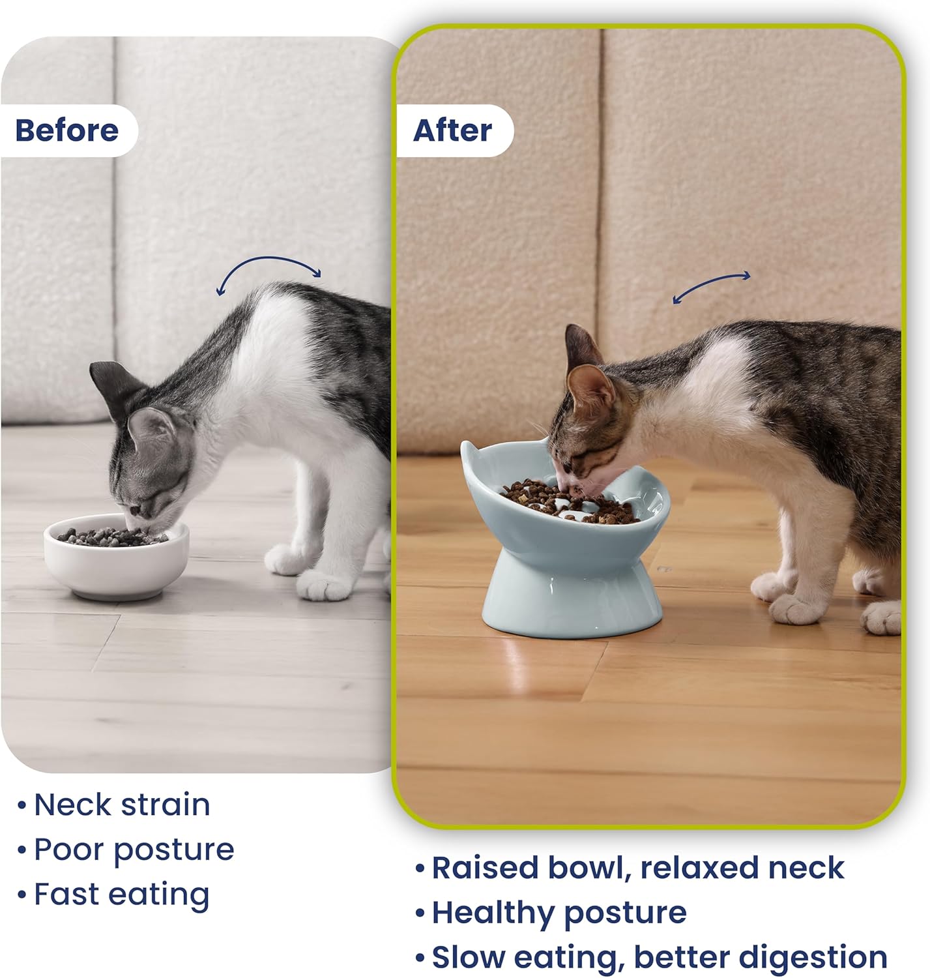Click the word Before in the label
[67, 131]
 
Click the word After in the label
[452, 131]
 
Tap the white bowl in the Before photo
[117, 557]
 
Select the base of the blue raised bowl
[572, 597]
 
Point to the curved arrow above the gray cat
[269, 259]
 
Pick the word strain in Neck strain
[166, 805]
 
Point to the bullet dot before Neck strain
[22, 805]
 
